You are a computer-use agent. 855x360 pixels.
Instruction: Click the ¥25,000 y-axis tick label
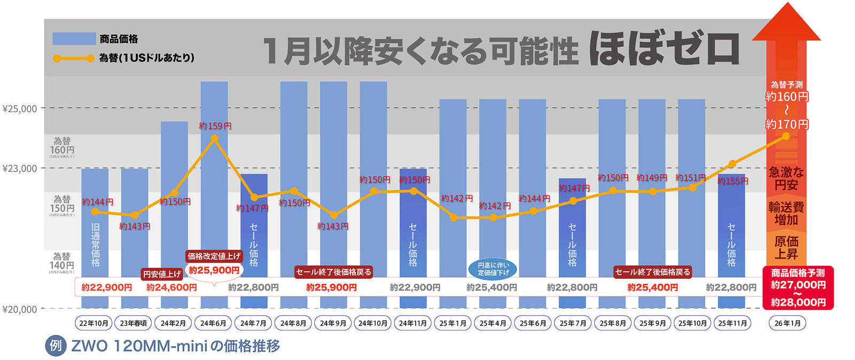[20, 109]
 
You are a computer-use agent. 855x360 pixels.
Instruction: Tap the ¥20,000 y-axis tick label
[20, 309]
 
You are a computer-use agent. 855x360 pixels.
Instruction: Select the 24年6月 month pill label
[213, 323]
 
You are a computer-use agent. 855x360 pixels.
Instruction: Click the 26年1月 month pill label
[788, 323]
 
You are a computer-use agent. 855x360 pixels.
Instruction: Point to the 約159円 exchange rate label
[215, 126]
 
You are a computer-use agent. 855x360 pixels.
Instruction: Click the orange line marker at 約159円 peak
[214, 139]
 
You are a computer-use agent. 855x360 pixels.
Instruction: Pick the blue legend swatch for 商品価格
[74, 38]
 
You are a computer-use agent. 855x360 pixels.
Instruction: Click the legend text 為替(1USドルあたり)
[146, 58]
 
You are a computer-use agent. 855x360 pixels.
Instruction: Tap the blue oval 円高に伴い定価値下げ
[493, 269]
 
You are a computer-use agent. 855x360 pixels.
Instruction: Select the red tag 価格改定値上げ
[214, 256]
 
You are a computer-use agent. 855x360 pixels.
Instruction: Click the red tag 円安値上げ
[162, 274]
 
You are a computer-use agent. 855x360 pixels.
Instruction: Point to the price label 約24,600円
[171, 287]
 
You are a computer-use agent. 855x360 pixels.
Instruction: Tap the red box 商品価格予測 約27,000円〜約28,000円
[798, 288]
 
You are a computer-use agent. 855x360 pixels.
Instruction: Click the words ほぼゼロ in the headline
[664, 49]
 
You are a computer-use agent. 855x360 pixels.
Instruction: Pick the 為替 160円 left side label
[62, 146]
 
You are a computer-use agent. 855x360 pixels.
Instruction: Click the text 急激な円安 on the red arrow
[786, 178]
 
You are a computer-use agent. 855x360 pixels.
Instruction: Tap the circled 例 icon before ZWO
[55, 346]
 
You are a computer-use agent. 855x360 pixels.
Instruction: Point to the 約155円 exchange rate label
[733, 182]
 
